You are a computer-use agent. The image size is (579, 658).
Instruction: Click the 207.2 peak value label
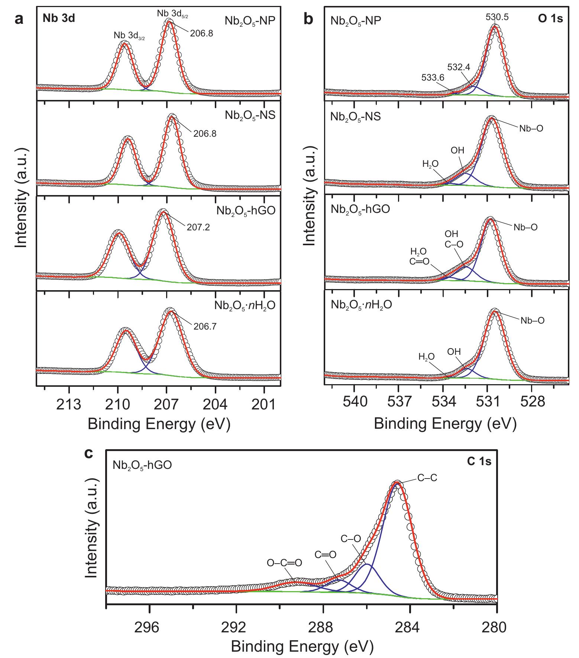[x=199, y=227]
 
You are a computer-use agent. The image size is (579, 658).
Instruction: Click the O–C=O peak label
[x=284, y=563]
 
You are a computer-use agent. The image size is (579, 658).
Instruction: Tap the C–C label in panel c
[x=427, y=478]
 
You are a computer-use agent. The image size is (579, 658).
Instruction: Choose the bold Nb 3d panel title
[x=59, y=18]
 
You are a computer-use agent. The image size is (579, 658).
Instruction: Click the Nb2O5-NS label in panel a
[x=250, y=115]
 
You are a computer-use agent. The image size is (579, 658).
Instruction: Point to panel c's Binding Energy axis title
[x=302, y=647]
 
